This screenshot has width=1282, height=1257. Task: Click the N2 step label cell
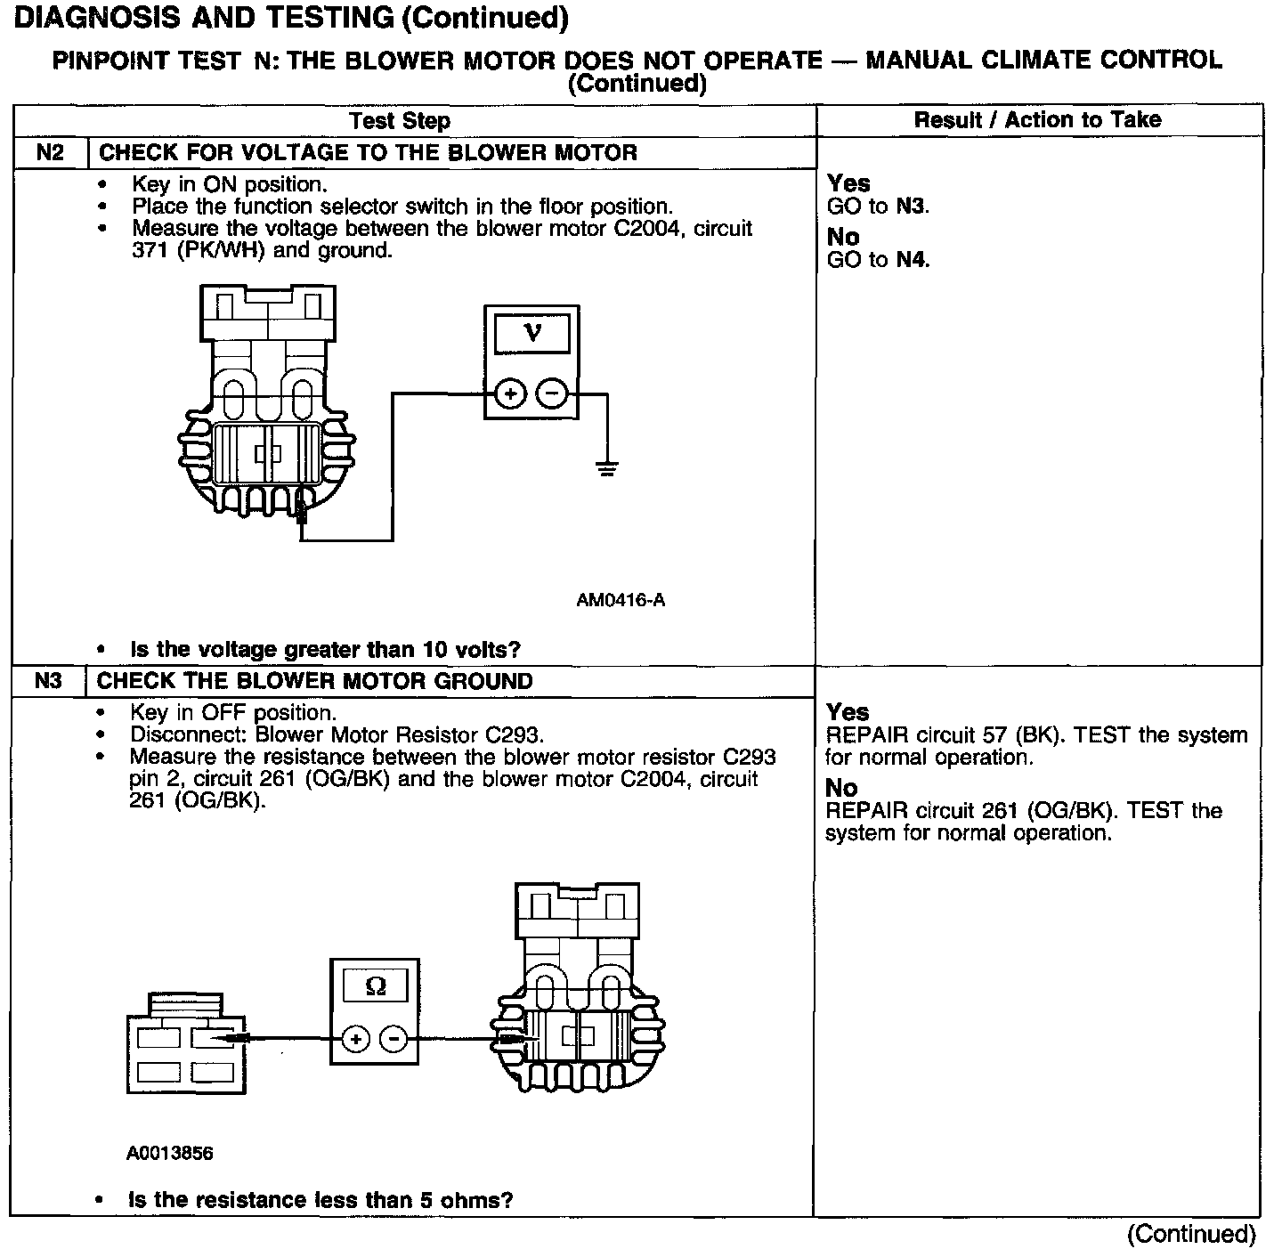(x=51, y=152)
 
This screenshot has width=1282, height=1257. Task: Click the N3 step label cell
(x=49, y=681)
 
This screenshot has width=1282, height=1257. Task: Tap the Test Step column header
(x=400, y=121)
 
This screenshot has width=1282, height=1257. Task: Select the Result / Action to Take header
(x=1037, y=120)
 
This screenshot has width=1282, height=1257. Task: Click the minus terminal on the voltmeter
(x=552, y=393)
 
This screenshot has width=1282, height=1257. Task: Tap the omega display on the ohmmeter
(x=376, y=986)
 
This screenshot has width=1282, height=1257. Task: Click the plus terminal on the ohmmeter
(x=354, y=1038)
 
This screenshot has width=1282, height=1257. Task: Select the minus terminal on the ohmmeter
(x=394, y=1038)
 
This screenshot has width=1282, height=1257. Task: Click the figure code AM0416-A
(x=621, y=600)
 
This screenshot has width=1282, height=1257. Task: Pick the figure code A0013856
(x=170, y=1154)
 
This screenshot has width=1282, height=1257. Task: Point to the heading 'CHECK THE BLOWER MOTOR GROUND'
(x=314, y=682)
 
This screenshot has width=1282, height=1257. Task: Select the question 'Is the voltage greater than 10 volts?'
(x=325, y=650)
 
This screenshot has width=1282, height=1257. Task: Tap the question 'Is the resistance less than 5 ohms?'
(x=320, y=1200)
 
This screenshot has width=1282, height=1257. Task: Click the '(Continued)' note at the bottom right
(x=1191, y=1234)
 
